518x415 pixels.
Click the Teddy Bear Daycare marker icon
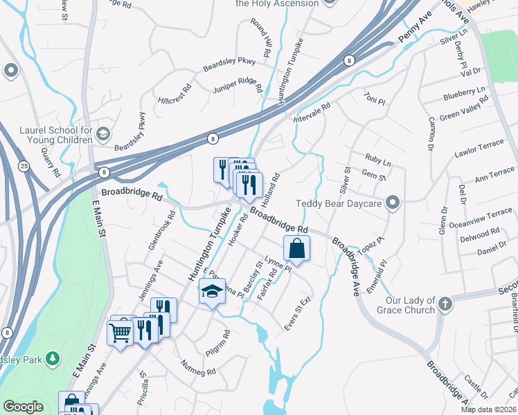pyautogui.click(x=393, y=203)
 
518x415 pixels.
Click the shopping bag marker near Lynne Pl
pyautogui.click(x=296, y=249)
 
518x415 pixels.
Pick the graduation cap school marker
pyautogui.click(x=212, y=292)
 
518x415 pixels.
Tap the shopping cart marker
pyautogui.click(x=120, y=333)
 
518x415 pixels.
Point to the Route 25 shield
pyautogui.click(x=24, y=167)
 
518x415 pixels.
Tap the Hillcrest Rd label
pyautogui.click(x=174, y=94)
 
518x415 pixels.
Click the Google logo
pyautogui.click(x=23, y=407)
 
